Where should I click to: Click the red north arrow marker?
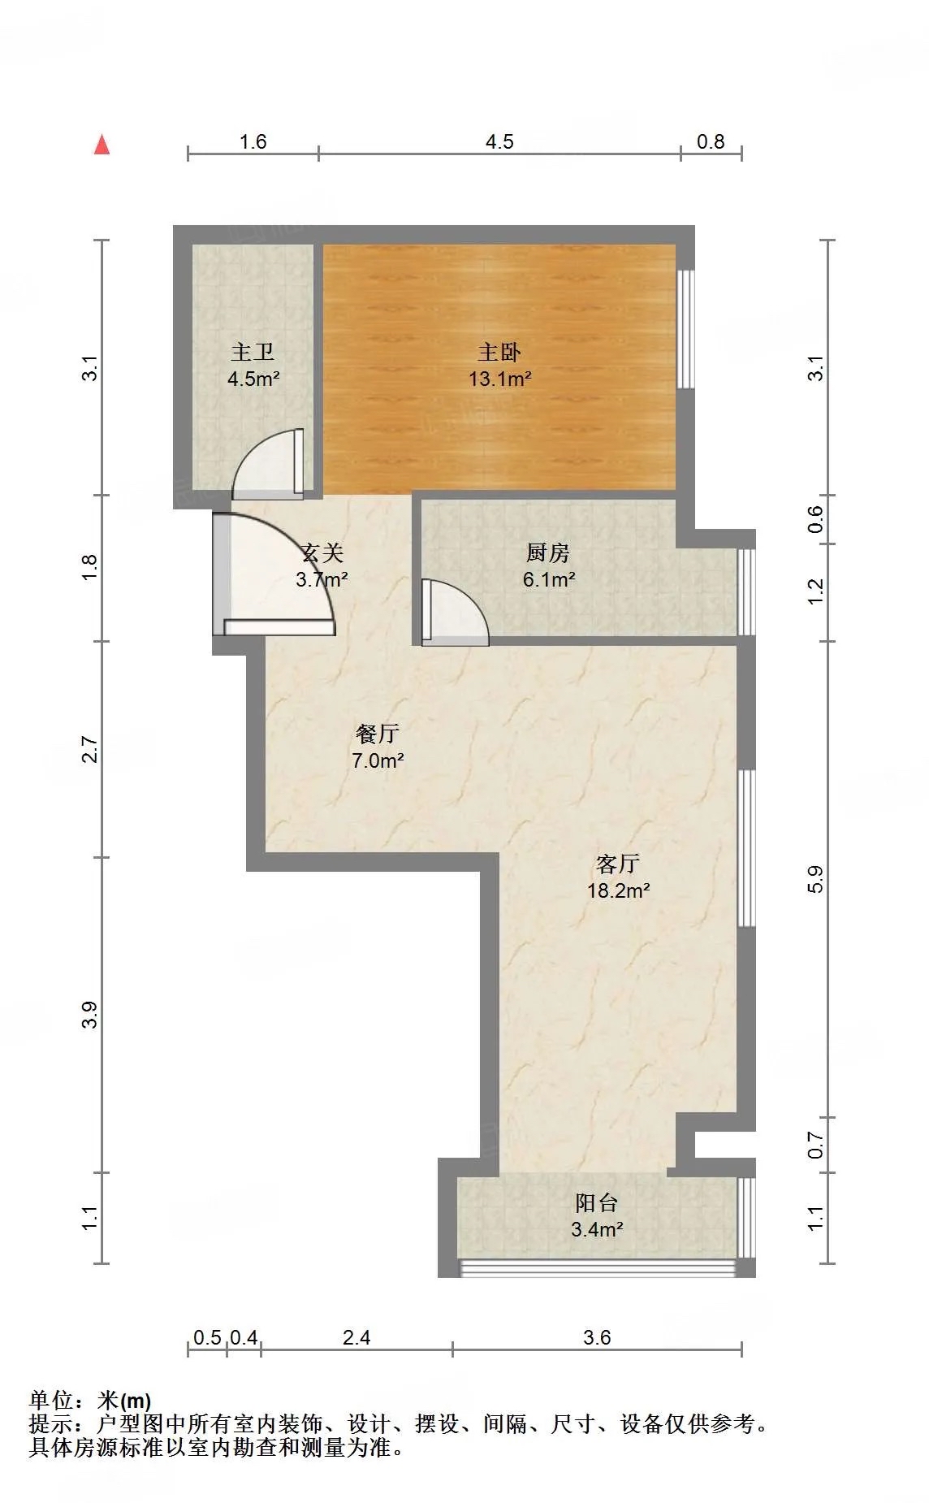[102, 145]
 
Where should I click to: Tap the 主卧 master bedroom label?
[499, 352]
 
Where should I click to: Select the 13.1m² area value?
[500, 379]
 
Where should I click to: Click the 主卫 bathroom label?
[253, 352]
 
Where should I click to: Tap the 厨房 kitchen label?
[548, 552]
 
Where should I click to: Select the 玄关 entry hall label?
[322, 552]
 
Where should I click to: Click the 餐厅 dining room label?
[378, 734]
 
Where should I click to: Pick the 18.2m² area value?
[619, 890]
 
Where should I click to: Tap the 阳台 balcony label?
[597, 1202]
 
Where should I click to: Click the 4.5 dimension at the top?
[499, 141]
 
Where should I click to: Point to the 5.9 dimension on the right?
[816, 880]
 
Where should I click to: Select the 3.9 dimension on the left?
[89, 1015]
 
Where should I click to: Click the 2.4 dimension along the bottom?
[356, 1337]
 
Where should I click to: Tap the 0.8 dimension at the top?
[711, 141]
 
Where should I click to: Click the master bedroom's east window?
[686, 329]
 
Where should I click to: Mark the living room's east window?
[746, 848]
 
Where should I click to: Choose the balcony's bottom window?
[598, 1267]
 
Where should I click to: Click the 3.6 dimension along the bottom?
[597, 1337]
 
